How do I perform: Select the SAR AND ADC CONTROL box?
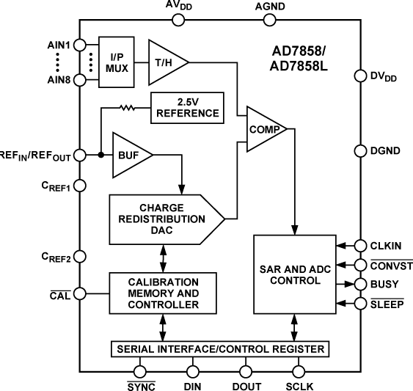tap(293, 272)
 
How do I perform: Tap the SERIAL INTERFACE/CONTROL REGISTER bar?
tap(220, 347)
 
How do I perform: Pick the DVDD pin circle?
tap(360, 76)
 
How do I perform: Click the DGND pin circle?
tap(360, 150)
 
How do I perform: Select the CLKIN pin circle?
tap(360, 246)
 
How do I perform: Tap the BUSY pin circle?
tap(360, 283)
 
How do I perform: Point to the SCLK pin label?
tap(299, 382)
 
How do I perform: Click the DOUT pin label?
tap(246, 382)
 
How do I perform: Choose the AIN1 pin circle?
tap(80, 44)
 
